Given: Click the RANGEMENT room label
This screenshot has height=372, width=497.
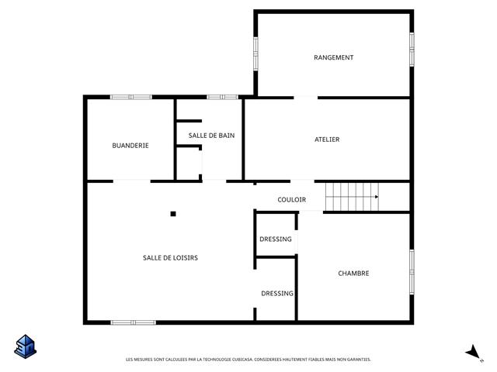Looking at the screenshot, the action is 333,57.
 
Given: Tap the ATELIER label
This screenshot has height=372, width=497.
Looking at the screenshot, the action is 327,139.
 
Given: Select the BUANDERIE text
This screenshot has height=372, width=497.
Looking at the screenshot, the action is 130,146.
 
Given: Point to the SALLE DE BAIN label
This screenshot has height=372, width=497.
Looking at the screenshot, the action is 211,136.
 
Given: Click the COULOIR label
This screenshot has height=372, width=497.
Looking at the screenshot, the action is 292,200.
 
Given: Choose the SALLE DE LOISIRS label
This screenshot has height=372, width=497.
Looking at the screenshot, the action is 170,258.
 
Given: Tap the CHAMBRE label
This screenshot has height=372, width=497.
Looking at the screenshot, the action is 353,274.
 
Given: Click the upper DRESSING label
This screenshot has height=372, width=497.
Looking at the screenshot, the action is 276,239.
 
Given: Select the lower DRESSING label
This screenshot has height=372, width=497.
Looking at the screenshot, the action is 277,294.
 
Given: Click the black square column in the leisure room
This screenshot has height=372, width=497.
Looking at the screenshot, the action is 173,214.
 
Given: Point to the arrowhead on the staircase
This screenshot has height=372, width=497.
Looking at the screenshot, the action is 377,197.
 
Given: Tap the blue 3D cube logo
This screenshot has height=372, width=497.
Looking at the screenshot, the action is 26,346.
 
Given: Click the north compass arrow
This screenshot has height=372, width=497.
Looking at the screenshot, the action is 474,352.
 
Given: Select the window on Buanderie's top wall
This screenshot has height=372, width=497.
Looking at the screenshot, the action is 131,97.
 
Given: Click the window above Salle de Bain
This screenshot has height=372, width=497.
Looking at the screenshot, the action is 223,97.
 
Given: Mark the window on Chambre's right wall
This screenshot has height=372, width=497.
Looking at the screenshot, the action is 412,272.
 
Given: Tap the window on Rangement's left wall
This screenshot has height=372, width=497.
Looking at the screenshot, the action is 255,53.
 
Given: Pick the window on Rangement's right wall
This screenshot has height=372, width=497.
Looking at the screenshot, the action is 412,50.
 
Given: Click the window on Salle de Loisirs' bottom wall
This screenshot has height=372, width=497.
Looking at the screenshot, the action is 133,322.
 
